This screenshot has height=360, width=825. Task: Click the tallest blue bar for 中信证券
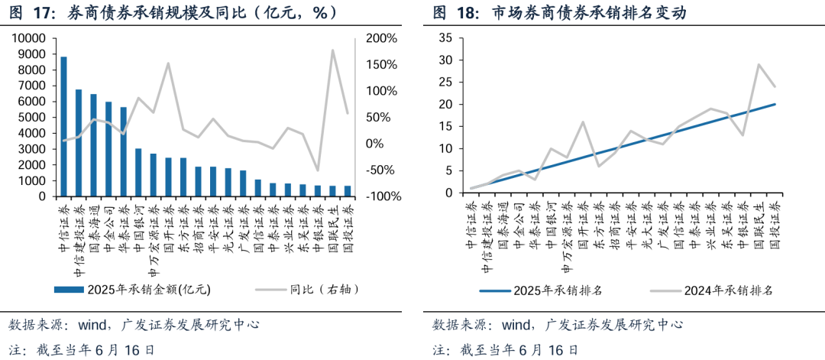point(64,126)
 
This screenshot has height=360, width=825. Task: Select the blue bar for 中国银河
point(138,172)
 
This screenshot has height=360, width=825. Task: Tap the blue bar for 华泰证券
point(124,151)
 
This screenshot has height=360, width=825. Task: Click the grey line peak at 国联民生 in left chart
point(333,50)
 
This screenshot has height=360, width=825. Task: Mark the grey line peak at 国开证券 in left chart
point(168,63)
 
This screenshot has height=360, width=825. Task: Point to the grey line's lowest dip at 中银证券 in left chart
point(318,170)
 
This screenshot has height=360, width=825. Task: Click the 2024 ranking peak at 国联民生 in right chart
point(758,64)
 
